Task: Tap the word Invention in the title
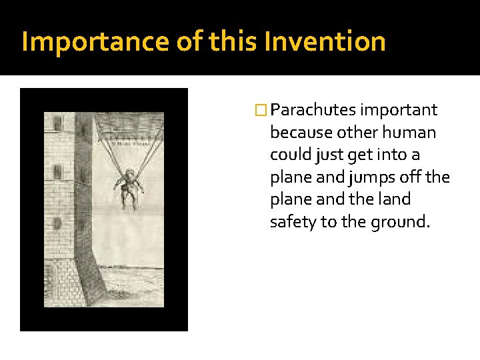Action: (325, 42)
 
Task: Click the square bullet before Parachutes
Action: (263, 110)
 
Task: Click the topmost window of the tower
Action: (58, 123)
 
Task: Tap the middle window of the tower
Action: (58, 172)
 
